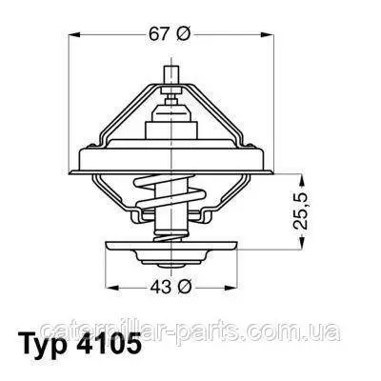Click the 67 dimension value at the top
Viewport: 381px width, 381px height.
(x=159, y=34)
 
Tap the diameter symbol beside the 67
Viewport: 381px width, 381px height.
(x=183, y=34)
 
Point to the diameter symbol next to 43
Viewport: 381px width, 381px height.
(x=185, y=287)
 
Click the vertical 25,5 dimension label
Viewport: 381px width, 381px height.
(x=300, y=211)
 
